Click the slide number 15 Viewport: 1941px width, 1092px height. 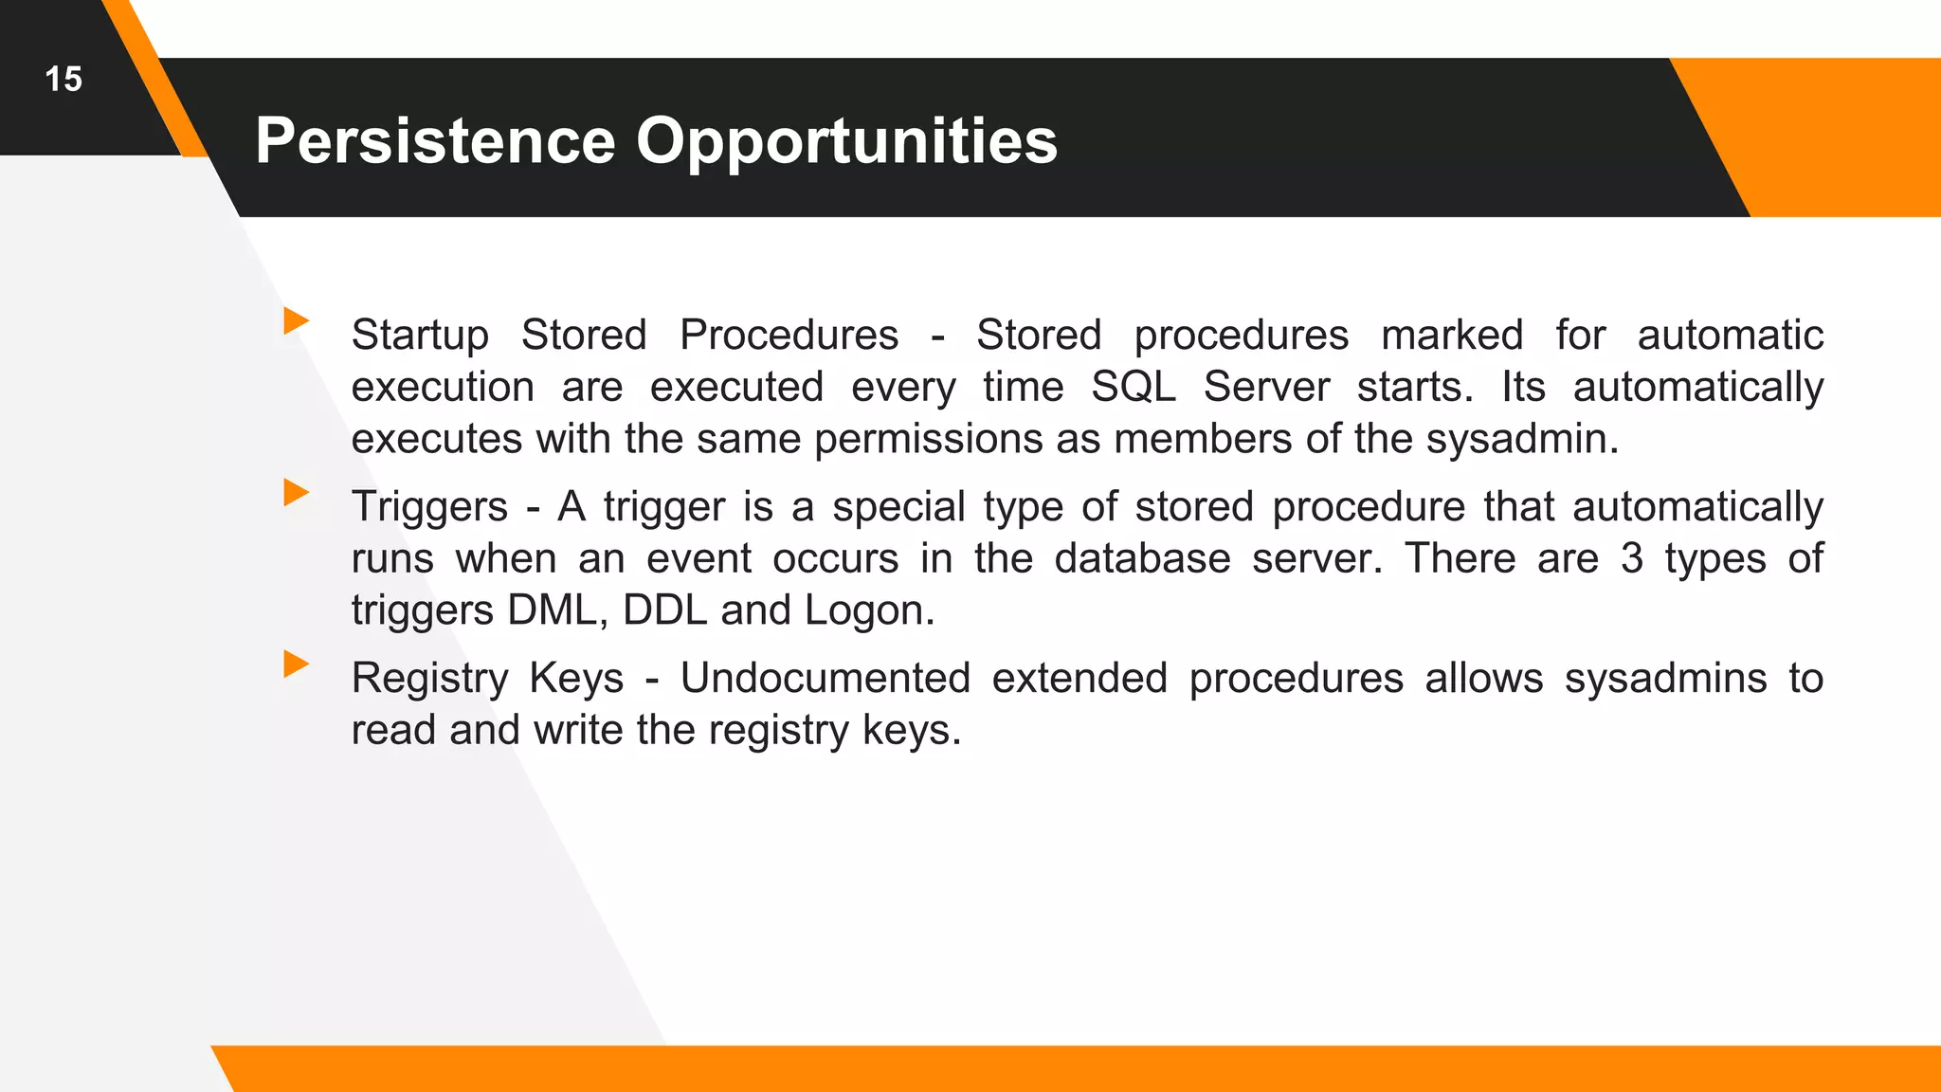63,79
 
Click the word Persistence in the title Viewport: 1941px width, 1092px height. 436,140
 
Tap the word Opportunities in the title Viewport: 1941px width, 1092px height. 845,140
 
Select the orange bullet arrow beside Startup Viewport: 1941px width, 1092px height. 296,320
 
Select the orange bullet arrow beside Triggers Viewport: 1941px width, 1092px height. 296,492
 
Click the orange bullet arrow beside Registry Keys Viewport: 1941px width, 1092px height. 296,664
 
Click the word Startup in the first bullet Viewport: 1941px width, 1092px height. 419,336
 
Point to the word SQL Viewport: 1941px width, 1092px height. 1133,387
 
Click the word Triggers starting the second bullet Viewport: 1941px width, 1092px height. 429,507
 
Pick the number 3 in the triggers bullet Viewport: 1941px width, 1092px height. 1631,558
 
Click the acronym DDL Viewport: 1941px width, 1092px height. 664,610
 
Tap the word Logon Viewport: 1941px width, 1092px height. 868,610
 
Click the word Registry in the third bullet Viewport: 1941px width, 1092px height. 429,679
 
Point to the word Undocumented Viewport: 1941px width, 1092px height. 825,679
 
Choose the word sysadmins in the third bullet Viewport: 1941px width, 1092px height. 1665,679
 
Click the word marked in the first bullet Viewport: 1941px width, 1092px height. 1451,336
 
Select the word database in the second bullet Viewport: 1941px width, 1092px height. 1142,558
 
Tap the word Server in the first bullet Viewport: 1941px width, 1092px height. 1266,387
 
